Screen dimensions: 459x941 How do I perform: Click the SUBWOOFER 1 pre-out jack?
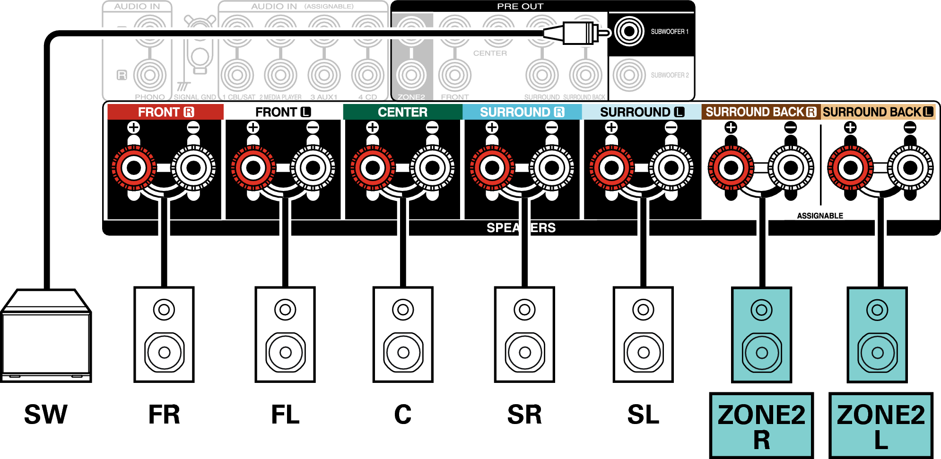pyautogui.click(x=628, y=32)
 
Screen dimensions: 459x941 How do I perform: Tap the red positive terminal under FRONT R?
pyautogui.click(x=134, y=167)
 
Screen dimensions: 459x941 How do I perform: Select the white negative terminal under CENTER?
pyautogui.click(x=432, y=167)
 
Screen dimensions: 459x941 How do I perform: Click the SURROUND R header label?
pyautogui.click(x=522, y=112)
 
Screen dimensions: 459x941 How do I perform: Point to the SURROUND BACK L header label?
pyautogui.click(x=878, y=112)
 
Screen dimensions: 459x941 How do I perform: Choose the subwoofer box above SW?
pyautogui.click(x=46, y=336)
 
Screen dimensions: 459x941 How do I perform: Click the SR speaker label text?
pyautogui.click(x=524, y=415)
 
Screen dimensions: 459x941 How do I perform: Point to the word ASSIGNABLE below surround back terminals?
pyautogui.click(x=820, y=216)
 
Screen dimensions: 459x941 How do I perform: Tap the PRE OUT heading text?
pyautogui.click(x=520, y=6)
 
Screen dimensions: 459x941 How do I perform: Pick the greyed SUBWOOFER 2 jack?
pyautogui.click(x=628, y=75)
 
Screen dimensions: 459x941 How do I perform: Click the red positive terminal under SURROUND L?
pyautogui.click(x=611, y=167)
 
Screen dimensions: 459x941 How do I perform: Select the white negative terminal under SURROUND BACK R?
pyautogui.click(x=791, y=167)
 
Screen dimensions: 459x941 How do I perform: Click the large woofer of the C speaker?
pyautogui.click(x=403, y=352)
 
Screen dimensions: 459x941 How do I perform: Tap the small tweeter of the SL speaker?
pyautogui.click(x=643, y=310)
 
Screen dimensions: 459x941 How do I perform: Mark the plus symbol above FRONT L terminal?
pyautogui.click(x=253, y=127)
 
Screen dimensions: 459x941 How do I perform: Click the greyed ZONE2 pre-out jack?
pyautogui.click(x=411, y=75)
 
